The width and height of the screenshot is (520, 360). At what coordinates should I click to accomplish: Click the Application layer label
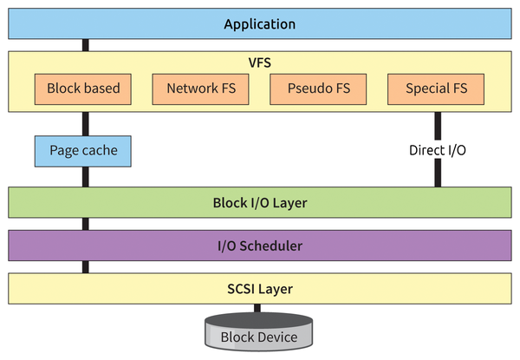tap(259, 24)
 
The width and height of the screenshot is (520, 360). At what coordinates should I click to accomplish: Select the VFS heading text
tap(259, 62)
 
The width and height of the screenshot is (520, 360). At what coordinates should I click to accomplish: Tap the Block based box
tap(83, 88)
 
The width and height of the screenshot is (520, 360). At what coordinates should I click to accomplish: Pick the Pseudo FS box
tap(318, 88)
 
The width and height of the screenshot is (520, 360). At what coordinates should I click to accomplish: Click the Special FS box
tap(435, 88)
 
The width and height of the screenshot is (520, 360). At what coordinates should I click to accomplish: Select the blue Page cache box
tap(83, 151)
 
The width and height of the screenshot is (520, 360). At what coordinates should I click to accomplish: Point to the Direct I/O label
tap(438, 150)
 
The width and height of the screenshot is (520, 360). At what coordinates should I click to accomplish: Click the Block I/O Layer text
tap(259, 203)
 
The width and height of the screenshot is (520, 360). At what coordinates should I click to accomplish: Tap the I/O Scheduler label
tap(259, 245)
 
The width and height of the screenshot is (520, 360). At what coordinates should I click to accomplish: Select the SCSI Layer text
tap(259, 288)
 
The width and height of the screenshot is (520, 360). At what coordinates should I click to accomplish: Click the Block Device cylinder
tap(259, 334)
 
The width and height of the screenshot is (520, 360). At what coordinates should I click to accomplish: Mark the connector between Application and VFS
tap(85, 45)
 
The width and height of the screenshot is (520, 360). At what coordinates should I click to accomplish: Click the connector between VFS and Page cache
tap(85, 123)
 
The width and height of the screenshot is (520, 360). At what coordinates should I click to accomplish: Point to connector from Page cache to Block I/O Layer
tap(85, 177)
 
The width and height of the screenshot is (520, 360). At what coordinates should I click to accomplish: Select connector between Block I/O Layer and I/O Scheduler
tap(85, 224)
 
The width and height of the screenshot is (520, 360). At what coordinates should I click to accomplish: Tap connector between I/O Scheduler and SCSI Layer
tap(85, 267)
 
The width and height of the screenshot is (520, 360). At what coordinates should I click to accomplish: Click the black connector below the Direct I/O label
tap(438, 173)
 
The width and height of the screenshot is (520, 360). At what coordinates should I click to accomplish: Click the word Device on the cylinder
tap(277, 337)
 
